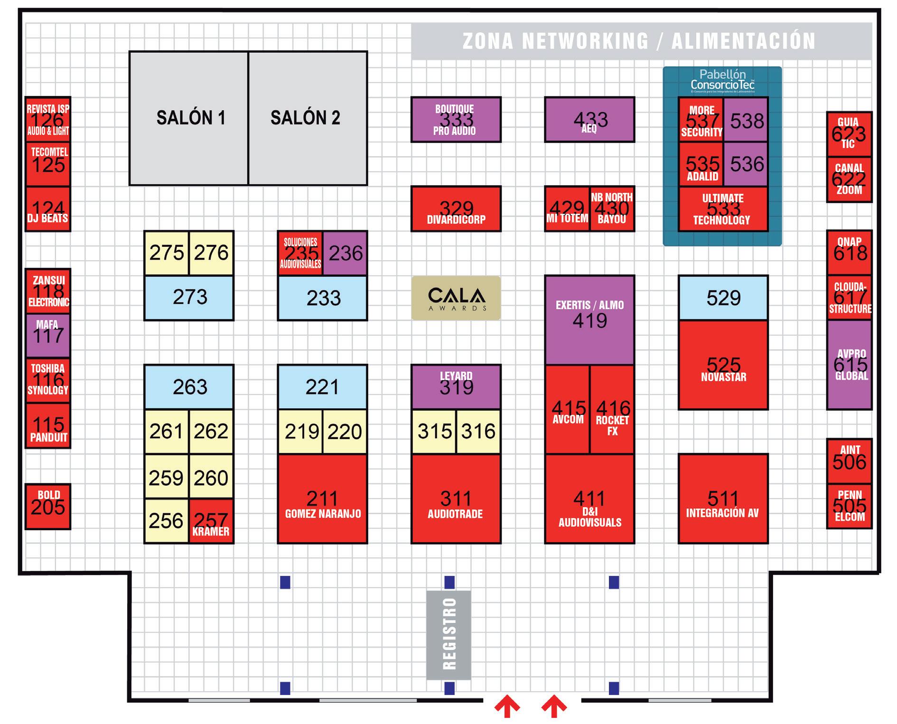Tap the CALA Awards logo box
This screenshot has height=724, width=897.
tap(456, 298)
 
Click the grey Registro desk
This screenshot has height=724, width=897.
tap(448, 635)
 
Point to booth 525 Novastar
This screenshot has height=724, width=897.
tap(723, 365)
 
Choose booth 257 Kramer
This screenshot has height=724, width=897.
tap(211, 521)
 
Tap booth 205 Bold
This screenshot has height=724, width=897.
tap(48, 506)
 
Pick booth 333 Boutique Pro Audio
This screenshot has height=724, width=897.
tap(456, 119)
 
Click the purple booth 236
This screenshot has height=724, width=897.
tap(345, 253)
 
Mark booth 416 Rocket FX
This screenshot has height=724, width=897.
tap(612, 409)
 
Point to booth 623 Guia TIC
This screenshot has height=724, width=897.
tap(849, 134)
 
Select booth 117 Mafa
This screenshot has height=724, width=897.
tap(48, 335)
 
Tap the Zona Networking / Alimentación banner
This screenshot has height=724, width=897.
tap(641, 41)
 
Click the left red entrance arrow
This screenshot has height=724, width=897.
tap(507, 706)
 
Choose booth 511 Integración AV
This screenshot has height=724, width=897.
tap(723, 498)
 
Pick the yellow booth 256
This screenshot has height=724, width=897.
tap(166, 521)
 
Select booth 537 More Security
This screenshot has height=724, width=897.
tap(701, 120)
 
